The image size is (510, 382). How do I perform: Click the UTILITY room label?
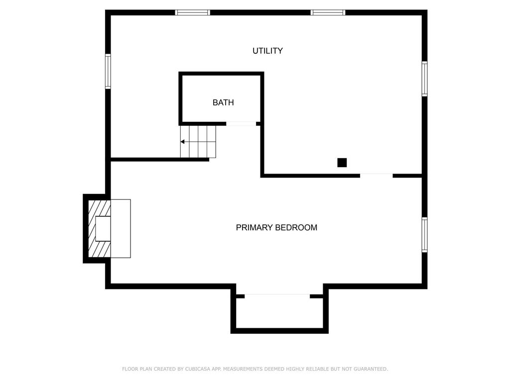tap(267, 51)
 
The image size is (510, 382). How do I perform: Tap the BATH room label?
tap(223, 103)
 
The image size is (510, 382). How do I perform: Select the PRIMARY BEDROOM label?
tap(276, 228)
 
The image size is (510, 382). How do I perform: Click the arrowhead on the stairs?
tap(183, 142)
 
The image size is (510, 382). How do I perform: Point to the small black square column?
tap(342, 163)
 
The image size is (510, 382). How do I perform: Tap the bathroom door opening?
tap(241, 124)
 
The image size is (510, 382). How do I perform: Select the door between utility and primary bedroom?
tap(376, 175)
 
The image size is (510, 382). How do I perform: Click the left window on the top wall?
tap(193, 12)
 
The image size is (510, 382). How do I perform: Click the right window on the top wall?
tap(328, 12)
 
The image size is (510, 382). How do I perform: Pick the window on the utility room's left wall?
tap(108, 71)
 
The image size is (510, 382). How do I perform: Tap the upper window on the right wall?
tap(424, 79)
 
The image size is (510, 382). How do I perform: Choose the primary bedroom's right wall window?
tap(424, 235)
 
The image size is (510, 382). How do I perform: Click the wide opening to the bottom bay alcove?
tap(277, 296)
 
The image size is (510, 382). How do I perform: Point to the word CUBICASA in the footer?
tap(197, 369)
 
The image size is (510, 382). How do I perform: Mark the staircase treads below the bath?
tap(198, 142)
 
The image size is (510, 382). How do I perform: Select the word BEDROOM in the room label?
tap(297, 228)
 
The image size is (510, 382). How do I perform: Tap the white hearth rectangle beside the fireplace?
tap(121, 229)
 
